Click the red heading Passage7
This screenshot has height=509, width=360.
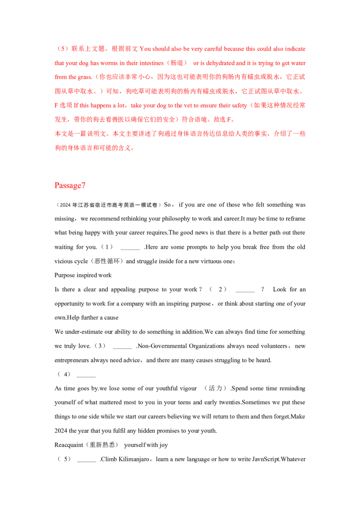tap(70, 185)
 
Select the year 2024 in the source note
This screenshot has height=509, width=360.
tap(65, 205)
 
